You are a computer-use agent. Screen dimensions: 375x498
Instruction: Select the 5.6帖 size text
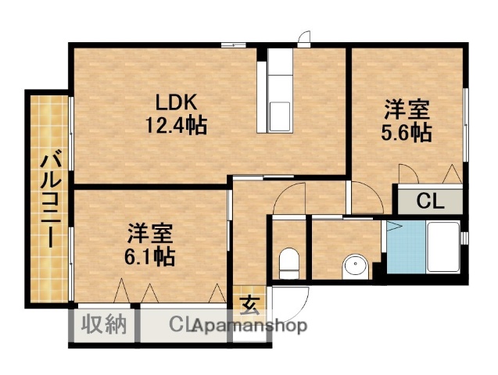click(x=406, y=131)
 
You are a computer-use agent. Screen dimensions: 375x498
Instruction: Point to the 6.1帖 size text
click(x=149, y=255)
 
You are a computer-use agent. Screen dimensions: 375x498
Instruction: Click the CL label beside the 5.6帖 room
click(x=429, y=202)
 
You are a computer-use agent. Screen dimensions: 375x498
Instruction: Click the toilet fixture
click(x=288, y=262)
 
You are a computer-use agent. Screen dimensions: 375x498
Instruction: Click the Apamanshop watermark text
click(x=250, y=326)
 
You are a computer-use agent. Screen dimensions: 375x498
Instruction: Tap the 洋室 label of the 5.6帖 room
click(x=405, y=109)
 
